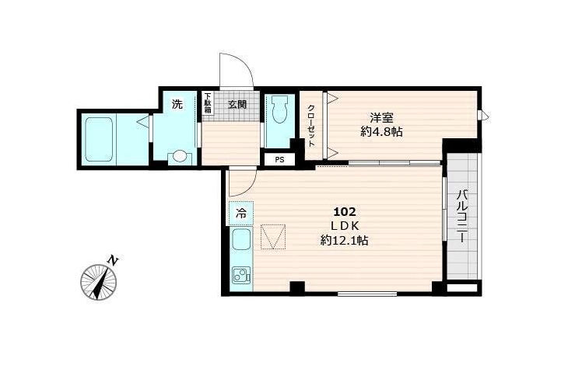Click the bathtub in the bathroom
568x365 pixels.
[99, 140]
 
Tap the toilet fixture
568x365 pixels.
[279, 109]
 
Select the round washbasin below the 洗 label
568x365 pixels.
[180, 157]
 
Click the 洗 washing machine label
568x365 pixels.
[177, 105]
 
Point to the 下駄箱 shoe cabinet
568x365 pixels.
[208, 103]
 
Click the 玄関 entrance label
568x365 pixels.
[237, 104]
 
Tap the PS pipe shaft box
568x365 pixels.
[279, 160]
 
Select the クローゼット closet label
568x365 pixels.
[311, 125]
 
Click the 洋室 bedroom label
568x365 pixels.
[381, 117]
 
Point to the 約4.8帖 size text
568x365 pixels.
[381, 132]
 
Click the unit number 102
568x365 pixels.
[345, 211]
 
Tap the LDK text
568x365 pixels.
[345, 226]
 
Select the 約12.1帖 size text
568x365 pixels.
[345, 240]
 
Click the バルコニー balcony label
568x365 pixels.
[461, 217]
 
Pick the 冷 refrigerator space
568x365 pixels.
[241, 214]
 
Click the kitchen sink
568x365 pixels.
[242, 240]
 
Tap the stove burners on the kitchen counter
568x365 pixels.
[242, 276]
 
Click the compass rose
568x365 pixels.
[99, 282]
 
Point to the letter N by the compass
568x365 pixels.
[114, 260]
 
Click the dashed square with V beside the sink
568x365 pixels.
[273, 237]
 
